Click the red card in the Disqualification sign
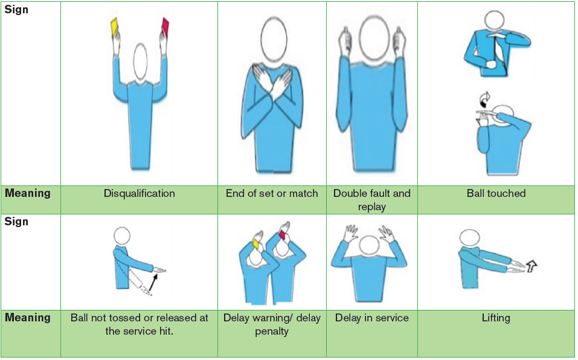coord(165,27)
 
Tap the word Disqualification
coord(140,193)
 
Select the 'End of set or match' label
coord(272,193)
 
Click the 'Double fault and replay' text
coord(372,200)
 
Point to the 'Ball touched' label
coord(496,193)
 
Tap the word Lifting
coord(496,318)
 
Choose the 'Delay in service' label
coord(372,318)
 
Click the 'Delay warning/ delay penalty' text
coord(272,324)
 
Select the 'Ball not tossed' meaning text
coord(140,324)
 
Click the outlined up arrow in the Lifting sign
coord(531,266)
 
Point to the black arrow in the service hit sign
coord(154,281)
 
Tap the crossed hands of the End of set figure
coord(272,77)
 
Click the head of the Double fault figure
coord(374,38)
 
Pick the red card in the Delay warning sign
coord(283,235)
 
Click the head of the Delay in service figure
coord(370,245)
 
